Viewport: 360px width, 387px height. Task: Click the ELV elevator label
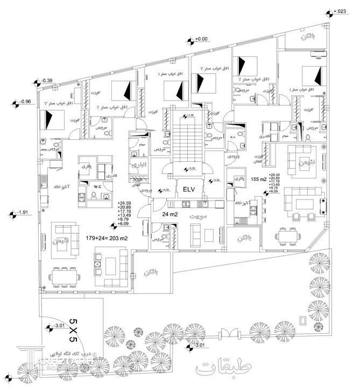click(x=188, y=189)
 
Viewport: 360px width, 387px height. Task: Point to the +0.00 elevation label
click(x=201, y=39)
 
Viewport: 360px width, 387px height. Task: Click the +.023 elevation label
click(x=341, y=11)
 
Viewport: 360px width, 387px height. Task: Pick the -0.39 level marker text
click(x=47, y=81)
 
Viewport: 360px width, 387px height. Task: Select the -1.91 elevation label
click(x=23, y=213)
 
